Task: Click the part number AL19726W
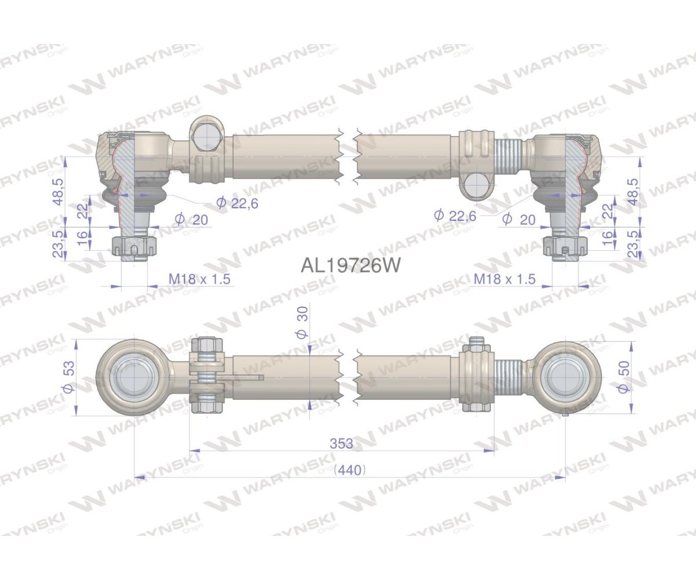[350, 265]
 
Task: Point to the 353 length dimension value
[342, 444]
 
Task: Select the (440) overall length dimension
[350, 470]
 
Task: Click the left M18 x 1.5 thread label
[200, 279]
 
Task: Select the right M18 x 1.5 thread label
[504, 279]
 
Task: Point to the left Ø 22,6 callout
[237, 202]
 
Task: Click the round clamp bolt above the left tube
[207, 134]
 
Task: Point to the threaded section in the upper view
[510, 156]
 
